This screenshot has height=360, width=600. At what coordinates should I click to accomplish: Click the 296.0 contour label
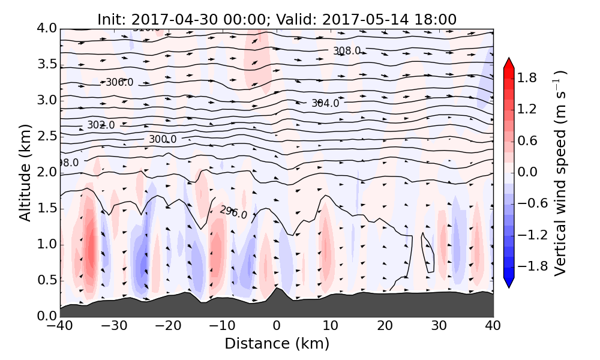(233, 212)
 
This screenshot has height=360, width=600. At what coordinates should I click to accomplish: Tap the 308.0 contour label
(347, 51)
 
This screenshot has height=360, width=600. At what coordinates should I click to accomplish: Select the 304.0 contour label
(325, 103)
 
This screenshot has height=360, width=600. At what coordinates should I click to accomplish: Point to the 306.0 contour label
(119, 82)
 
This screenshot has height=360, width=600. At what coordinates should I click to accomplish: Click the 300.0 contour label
(163, 139)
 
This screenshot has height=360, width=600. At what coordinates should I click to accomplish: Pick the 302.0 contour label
(101, 125)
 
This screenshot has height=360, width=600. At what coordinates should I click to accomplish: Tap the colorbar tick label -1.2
(536, 235)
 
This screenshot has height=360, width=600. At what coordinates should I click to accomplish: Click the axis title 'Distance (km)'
(277, 344)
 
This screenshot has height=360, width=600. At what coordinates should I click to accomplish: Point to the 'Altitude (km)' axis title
(25, 173)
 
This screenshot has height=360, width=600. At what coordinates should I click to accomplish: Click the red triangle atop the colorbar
(509, 62)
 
